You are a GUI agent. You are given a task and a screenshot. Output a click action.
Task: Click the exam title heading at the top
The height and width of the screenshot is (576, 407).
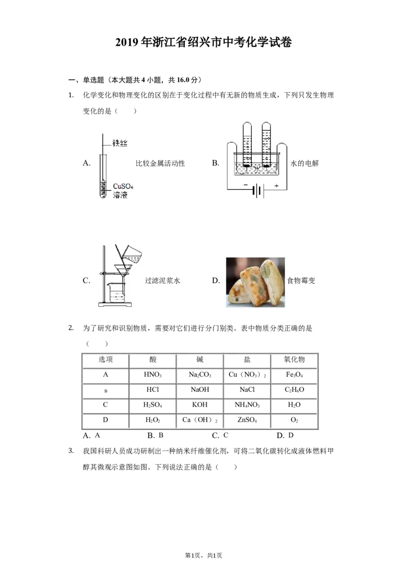click(203, 42)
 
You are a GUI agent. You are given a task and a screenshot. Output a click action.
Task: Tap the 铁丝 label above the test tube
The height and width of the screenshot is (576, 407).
click(120, 143)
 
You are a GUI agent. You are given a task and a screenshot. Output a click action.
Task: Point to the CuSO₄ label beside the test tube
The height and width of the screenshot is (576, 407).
click(123, 186)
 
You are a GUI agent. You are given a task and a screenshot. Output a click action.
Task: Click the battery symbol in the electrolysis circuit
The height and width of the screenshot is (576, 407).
click(258, 190)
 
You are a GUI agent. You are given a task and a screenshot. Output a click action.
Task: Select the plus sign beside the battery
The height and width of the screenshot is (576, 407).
click(276, 186)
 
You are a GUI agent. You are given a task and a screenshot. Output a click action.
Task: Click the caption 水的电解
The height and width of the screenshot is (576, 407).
click(305, 163)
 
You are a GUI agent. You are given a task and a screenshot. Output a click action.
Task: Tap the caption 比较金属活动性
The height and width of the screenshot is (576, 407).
click(161, 163)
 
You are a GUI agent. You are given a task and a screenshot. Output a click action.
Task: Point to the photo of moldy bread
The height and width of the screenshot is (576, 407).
click(255, 282)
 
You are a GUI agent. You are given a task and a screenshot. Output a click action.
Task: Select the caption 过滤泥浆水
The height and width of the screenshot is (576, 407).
click(162, 281)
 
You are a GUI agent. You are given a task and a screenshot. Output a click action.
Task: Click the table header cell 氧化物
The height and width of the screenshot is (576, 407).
click(294, 360)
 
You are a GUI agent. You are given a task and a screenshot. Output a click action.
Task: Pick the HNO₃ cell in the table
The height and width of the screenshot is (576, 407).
click(153, 375)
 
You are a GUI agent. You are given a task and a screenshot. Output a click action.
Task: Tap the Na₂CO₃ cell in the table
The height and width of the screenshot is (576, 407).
click(200, 375)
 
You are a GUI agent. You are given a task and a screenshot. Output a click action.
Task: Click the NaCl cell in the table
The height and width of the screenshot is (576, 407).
click(247, 389)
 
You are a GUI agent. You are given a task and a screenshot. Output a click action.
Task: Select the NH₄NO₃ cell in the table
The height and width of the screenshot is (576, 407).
click(247, 405)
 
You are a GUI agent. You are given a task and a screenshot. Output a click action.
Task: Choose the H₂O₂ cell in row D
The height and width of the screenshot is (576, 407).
click(153, 420)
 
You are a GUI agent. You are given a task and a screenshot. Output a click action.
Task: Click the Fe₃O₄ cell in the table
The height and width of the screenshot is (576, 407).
click(294, 375)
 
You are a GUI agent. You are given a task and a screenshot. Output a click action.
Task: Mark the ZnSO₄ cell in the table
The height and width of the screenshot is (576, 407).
click(247, 420)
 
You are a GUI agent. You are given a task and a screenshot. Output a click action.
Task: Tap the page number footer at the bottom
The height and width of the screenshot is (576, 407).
click(203, 556)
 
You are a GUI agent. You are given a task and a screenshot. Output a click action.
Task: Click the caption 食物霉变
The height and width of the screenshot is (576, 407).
click(301, 281)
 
